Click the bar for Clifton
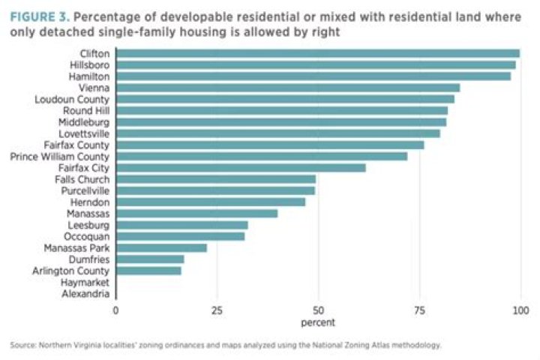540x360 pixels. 318,53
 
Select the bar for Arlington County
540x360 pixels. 149,271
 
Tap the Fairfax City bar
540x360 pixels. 241,168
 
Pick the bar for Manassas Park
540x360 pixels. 161,247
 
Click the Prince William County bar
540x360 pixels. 262,157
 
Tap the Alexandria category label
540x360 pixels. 87,294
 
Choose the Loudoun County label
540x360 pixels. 73,99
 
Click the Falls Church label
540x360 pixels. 82,179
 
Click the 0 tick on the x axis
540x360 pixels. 116,310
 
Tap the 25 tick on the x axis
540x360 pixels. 217,310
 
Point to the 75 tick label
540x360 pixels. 419,310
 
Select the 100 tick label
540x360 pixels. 520,310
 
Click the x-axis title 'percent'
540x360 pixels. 318,322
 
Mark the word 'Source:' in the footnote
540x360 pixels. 25,345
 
